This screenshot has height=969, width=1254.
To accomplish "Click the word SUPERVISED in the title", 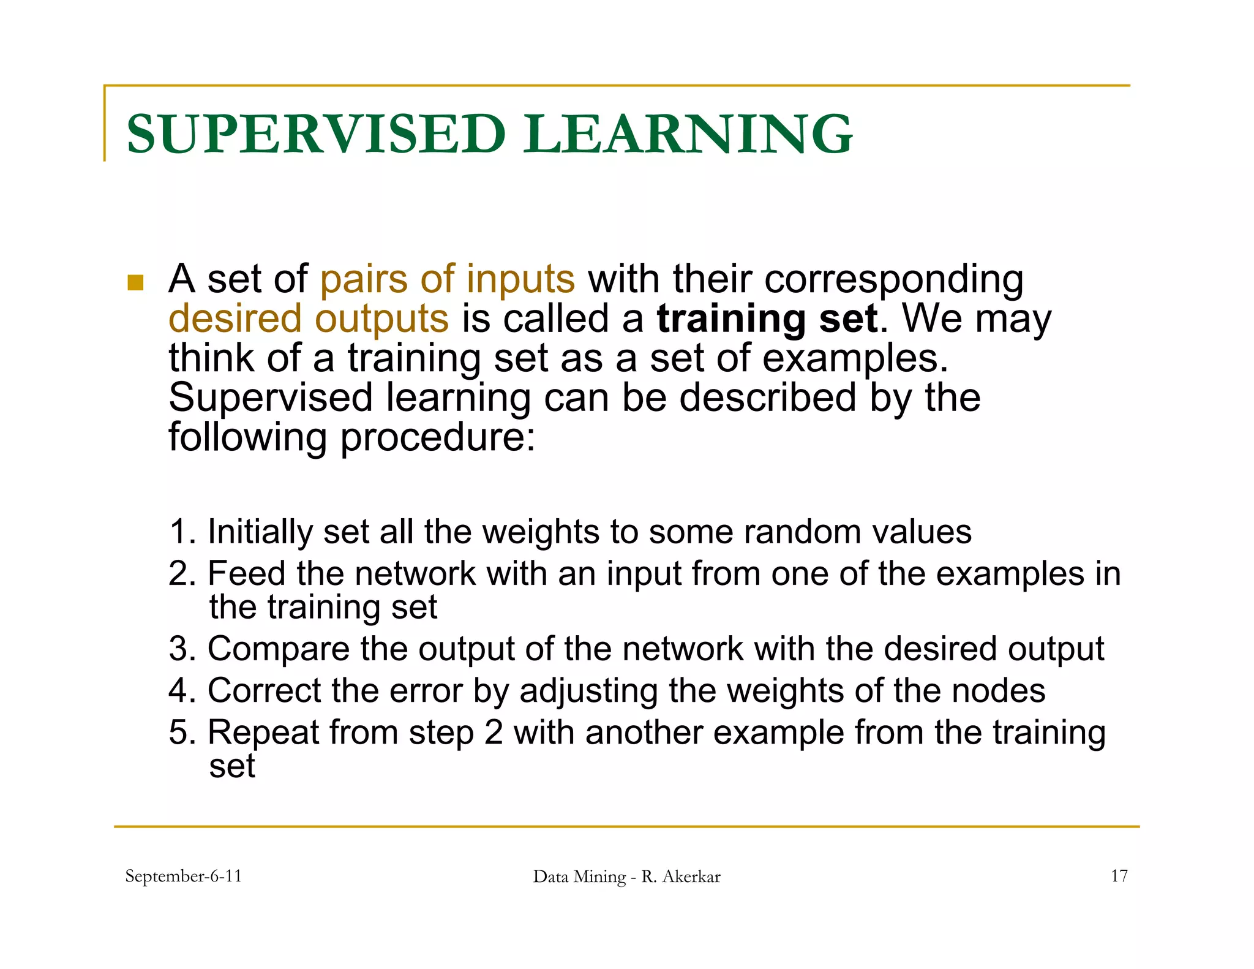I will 315,134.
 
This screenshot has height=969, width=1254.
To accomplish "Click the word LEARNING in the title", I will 687,134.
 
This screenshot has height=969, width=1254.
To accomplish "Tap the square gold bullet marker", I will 135,282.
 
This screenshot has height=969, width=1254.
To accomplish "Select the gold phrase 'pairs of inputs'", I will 448,279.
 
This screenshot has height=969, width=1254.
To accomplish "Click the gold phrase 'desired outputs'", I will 309,319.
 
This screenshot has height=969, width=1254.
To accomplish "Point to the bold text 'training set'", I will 767,319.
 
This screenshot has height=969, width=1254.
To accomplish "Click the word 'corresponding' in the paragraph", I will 894,279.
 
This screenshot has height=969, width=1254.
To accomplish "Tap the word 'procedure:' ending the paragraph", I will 437,437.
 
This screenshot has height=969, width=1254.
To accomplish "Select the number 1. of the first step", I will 182,532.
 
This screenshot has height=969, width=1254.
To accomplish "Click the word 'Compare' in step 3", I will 278,649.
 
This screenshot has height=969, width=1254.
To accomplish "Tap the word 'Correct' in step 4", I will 264,691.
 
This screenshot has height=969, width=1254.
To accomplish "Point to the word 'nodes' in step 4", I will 998,691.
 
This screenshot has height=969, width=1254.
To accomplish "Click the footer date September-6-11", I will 183,877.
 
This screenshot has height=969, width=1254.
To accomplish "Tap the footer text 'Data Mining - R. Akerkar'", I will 626,877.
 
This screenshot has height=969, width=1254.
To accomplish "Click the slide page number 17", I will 1119,877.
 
